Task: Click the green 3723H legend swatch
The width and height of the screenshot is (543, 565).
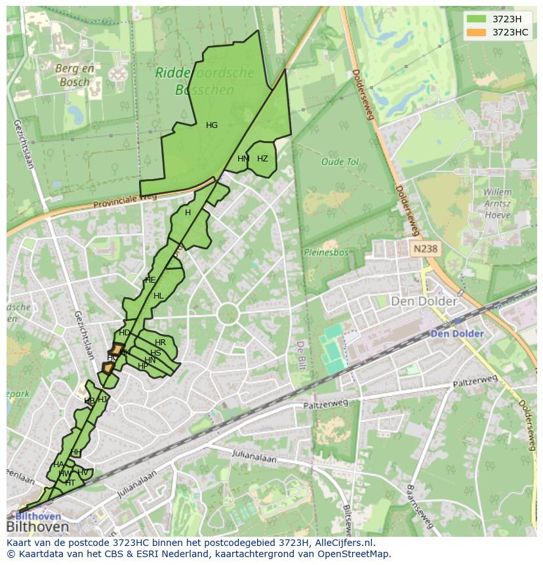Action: (x=477, y=19)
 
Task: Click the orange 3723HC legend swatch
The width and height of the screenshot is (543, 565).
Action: (x=477, y=32)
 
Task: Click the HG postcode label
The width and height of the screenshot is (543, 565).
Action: (x=212, y=125)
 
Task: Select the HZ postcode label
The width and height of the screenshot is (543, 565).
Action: (x=262, y=159)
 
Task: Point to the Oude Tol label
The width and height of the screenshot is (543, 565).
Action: (x=340, y=161)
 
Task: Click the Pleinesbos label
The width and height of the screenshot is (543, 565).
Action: (x=326, y=252)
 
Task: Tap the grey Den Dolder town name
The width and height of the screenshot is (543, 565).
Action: (x=424, y=301)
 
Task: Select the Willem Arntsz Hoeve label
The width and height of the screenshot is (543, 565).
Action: (x=497, y=203)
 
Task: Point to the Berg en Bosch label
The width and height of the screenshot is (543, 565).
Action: (x=75, y=75)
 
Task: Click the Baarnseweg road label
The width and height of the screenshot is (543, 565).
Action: (x=420, y=507)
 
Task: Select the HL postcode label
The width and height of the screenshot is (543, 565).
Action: (x=158, y=296)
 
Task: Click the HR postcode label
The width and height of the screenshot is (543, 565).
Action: (x=160, y=343)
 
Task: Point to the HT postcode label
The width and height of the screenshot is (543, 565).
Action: (x=70, y=482)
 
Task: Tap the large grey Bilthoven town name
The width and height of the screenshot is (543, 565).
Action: (x=37, y=527)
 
